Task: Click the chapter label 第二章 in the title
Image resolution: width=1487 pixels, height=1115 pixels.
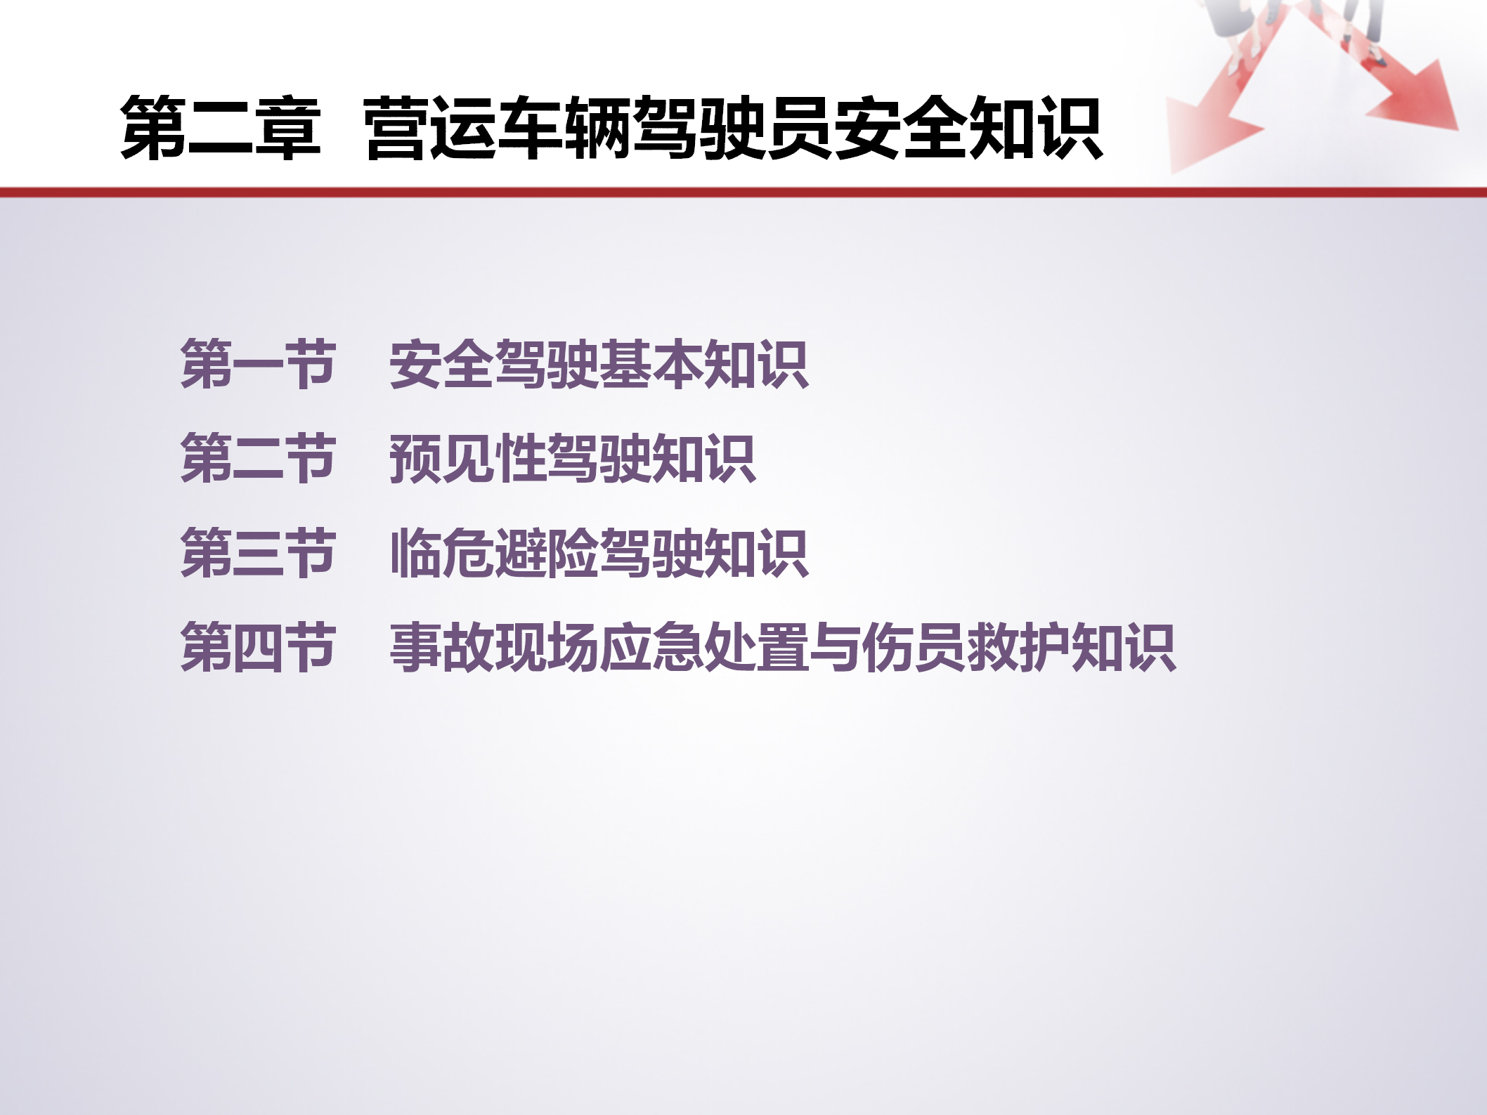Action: pos(221,128)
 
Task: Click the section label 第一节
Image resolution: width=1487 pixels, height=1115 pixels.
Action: pos(258,363)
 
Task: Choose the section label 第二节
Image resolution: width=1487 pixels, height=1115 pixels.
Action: pos(258,458)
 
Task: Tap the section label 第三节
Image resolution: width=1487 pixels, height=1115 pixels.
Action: pos(258,553)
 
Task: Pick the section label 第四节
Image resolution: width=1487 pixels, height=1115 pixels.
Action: pos(258,647)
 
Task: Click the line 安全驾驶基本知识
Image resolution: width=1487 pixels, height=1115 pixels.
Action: pos(599,364)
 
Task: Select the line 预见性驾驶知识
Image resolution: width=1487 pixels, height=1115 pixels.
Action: pos(573,458)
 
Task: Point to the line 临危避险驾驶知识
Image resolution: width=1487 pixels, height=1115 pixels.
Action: pos(599,553)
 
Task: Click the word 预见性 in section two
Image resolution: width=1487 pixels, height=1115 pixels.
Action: pos(468,458)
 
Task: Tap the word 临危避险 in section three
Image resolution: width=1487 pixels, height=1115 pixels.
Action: pos(494,553)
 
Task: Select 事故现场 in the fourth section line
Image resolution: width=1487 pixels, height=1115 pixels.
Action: pos(494,647)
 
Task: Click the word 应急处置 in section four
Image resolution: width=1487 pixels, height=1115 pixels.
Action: pos(704,647)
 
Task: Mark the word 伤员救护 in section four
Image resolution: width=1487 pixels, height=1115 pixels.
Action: pos(966,647)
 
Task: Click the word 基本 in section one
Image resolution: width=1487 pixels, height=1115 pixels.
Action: pos(651,364)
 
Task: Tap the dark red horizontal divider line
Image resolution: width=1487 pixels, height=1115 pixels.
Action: pos(743,192)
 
